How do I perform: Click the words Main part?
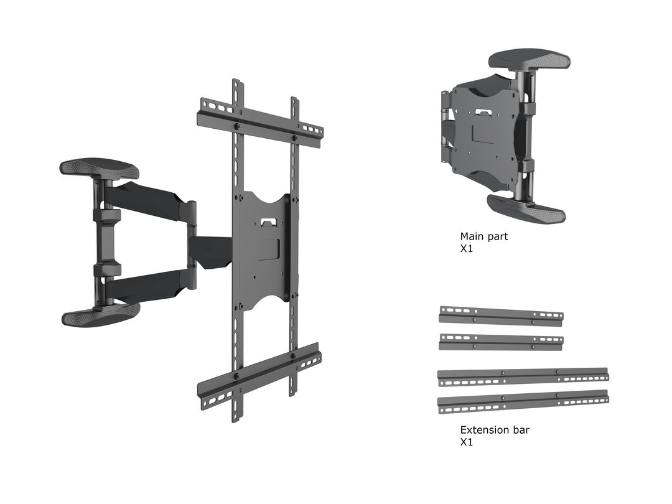(x=483, y=236)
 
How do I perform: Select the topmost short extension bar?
(x=501, y=315)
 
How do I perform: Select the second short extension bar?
(x=501, y=342)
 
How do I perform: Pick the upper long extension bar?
(x=523, y=376)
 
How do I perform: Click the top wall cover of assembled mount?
(x=100, y=169)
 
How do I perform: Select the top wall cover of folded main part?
(x=530, y=60)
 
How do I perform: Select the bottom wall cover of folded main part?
(x=526, y=208)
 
